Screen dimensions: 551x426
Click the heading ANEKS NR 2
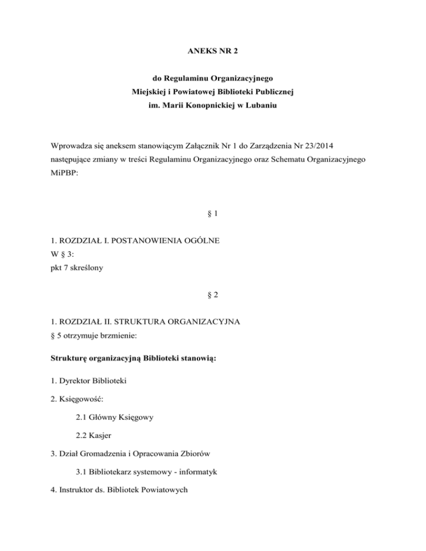[x=212, y=56]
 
